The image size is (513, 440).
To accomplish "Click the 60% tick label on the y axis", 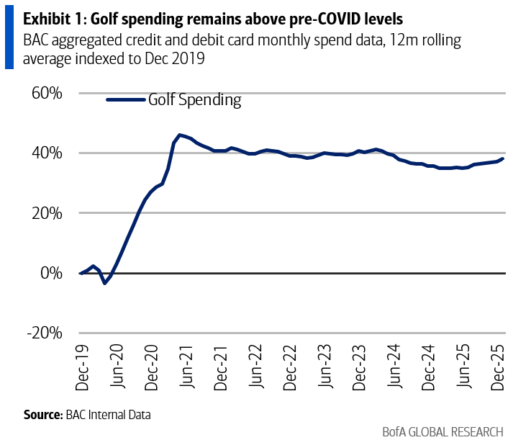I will click(46, 93).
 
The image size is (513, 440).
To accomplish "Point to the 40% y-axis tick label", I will click(46, 153).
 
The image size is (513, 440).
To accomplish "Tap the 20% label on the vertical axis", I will click(46, 213).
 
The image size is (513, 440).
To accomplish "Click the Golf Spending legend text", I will click(194, 100).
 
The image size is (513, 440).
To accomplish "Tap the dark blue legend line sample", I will click(126, 100).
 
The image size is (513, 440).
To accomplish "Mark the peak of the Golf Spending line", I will click(179, 135).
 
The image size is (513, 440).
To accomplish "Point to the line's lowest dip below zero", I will click(104, 283).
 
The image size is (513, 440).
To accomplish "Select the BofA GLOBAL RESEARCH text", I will click(442, 431).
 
